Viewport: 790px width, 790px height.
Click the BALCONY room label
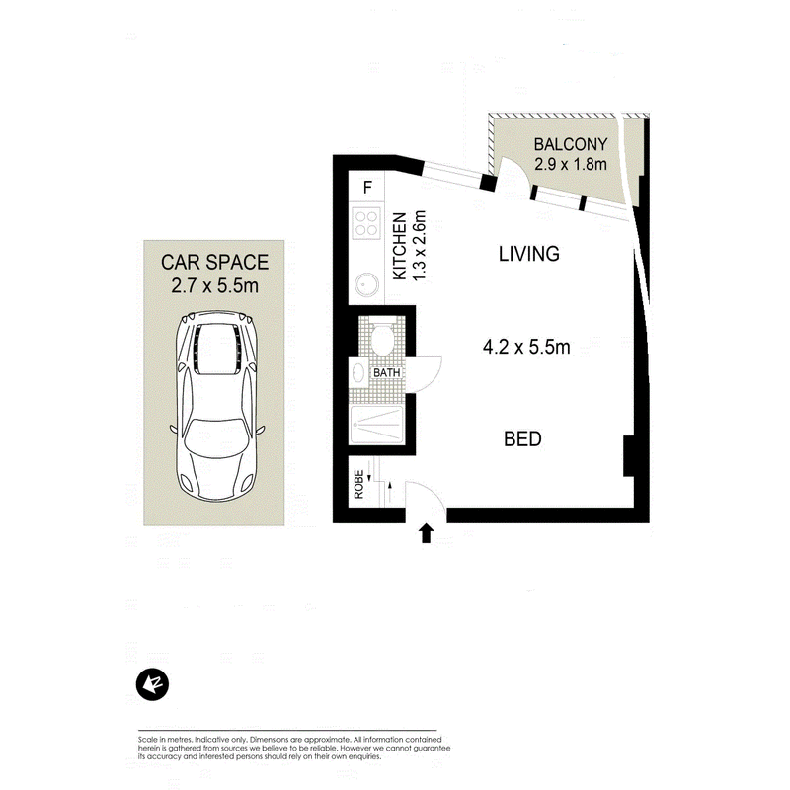tap(571, 144)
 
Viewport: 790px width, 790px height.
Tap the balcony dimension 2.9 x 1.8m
tap(571, 164)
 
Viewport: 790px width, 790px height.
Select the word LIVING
tap(529, 254)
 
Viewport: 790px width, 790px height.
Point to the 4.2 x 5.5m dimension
tap(526, 347)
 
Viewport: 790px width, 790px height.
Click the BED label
tap(522, 438)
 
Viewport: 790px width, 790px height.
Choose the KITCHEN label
tap(400, 246)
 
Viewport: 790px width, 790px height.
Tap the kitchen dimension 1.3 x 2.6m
tap(419, 246)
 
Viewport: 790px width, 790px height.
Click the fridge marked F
tap(367, 187)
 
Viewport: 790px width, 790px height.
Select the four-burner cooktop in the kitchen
tap(366, 224)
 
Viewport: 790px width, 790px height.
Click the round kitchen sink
tap(366, 284)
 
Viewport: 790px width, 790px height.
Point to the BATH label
tap(386, 373)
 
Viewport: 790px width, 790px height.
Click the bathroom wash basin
tap(358, 373)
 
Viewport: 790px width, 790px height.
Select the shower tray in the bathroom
tap(376, 425)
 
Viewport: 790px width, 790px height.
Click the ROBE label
tap(358, 485)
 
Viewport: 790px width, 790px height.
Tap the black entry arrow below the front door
tap(427, 532)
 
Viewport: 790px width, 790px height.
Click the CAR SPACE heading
tap(214, 262)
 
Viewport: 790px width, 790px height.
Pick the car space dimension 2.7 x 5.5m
tap(214, 286)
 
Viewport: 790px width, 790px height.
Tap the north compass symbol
tap(152, 684)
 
